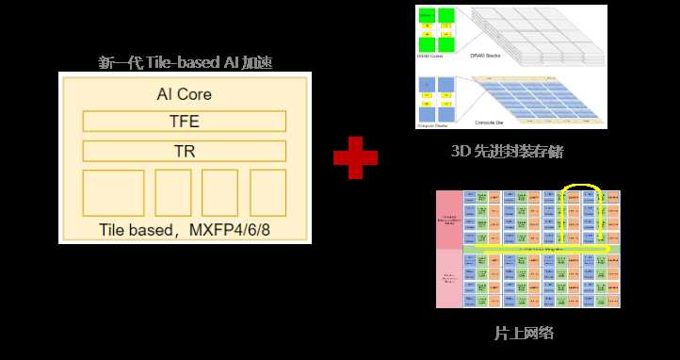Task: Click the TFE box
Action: pos(184,122)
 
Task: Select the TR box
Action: pos(184,151)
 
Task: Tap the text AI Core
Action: pos(184,94)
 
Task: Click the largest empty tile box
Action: pos(113,193)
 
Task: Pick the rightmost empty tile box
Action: pos(267,193)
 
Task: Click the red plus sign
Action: pos(355,157)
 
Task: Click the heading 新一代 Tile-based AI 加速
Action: pos(191,63)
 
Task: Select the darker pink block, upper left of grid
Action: pos(449,219)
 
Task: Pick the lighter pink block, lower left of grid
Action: pos(449,279)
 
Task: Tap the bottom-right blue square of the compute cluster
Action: pos(446,110)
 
